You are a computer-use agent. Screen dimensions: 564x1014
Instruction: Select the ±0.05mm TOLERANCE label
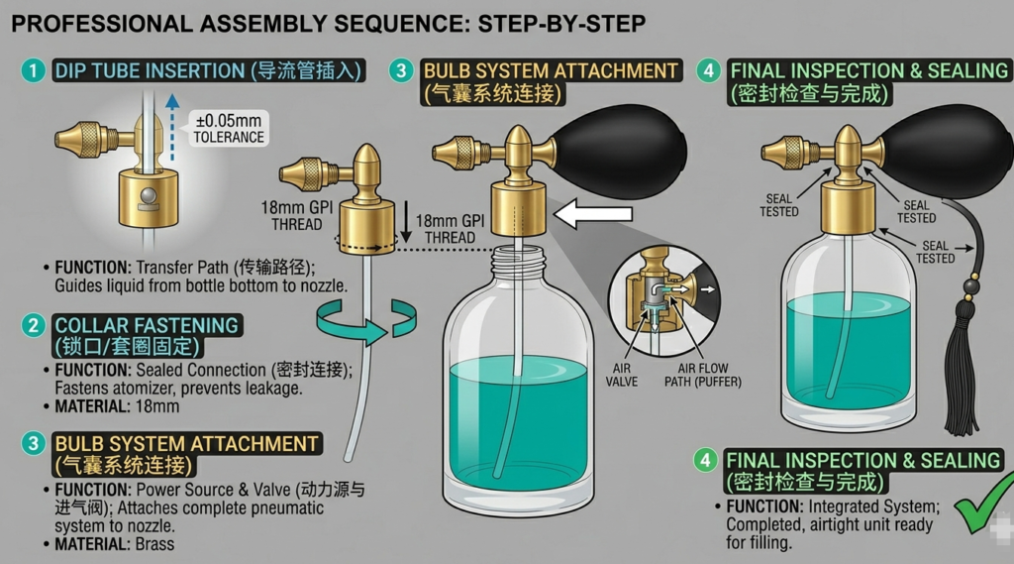229,130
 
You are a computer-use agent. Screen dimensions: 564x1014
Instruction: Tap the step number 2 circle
34,325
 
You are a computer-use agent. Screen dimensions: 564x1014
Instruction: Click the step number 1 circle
34,70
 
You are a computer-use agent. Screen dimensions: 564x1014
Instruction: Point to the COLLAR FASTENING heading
147,325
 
